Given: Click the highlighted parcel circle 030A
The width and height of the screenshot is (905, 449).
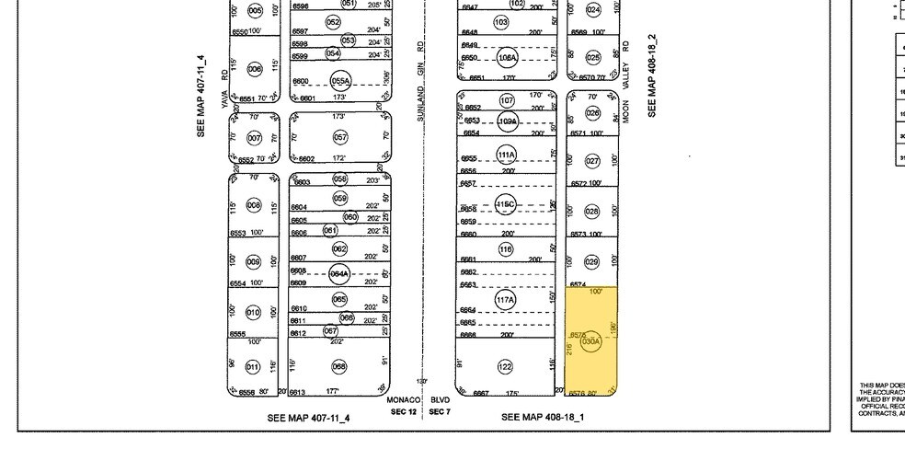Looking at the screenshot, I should coord(590,341).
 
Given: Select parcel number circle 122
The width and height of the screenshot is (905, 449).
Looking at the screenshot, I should coord(505,367).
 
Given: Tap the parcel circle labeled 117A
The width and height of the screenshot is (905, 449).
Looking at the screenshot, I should coord(505,300).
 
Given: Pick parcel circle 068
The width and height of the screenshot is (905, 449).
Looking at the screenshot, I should coord(339,367).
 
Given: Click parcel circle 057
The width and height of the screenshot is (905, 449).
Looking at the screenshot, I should coord(340,137).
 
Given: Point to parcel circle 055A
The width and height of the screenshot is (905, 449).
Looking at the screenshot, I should coord(340,81).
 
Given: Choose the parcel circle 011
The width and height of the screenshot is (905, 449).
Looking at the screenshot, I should coord(255,367).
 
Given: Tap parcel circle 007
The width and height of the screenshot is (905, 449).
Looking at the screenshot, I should coord(255,137).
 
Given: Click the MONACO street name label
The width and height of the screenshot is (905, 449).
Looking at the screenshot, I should coord(403,400).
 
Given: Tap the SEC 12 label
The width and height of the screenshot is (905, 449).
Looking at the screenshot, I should coord(405,411).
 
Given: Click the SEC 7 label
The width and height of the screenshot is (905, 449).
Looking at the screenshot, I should coord(440,411).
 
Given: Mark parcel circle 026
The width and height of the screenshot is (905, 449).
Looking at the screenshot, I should coord(592,113).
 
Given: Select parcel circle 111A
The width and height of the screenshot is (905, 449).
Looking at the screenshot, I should coord(506,155).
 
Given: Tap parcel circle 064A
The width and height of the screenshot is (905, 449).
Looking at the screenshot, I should coord(340,274).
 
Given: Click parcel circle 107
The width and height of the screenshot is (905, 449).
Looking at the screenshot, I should coord(506,100).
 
